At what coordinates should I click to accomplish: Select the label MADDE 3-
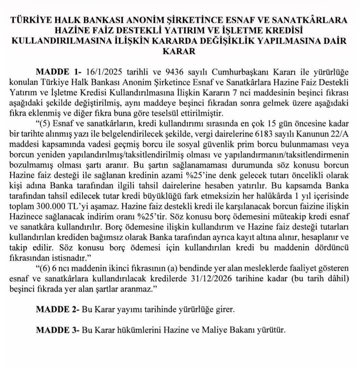(x=57, y=330)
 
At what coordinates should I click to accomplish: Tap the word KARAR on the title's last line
(x=180, y=52)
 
